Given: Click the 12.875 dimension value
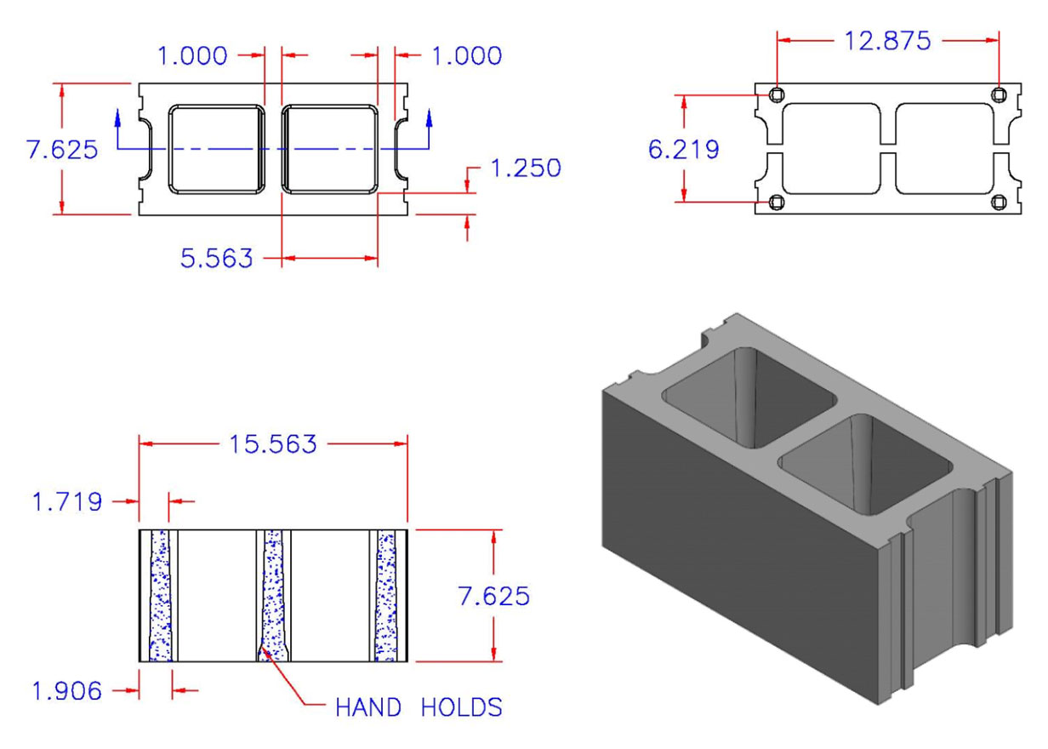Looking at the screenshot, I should (887, 40).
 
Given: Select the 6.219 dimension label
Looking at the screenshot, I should (683, 150).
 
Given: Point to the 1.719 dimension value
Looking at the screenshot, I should (67, 502).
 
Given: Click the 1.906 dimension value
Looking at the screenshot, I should (67, 691).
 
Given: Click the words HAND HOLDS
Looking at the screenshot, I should (419, 707).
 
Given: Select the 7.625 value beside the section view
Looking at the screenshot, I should (493, 596).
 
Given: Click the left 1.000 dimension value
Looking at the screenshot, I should (192, 56).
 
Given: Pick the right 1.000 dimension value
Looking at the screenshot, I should (466, 56).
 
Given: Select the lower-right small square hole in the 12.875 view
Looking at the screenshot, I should (1000, 202).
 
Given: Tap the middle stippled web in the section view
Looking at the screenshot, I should (273, 596).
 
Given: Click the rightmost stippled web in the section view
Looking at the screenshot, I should (386, 596).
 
